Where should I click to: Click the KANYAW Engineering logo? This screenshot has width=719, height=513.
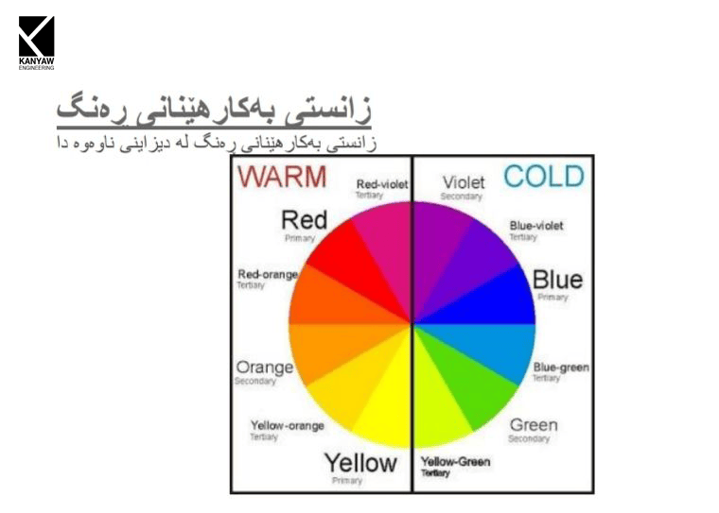pyautogui.click(x=36, y=42)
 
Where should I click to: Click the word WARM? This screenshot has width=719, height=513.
pyautogui.click(x=281, y=177)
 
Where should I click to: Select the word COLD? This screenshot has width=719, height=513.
pyautogui.click(x=543, y=176)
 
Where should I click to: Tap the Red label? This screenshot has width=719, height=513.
pyautogui.click(x=304, y=221)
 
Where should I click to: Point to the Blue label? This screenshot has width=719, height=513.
pyautogui.click(x=557, y=280)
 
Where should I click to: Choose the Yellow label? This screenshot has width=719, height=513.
pyautogui.click(x=360, y=463)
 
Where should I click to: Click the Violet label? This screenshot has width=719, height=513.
pyautogui.click(x=463, y=182)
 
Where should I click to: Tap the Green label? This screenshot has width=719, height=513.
pyautogui.click(x=533, y=425)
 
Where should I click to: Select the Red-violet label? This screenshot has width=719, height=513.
pyautogui.click(x=381, y=184)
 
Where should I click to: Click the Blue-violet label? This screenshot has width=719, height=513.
pyautogui.click(x=535, y=226)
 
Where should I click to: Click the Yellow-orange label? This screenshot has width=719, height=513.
pyautogui.click(x=287, y=425)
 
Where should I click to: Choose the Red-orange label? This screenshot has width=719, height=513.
pyautogui.click(x=268, y=274)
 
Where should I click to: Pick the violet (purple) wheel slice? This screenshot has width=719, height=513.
pyautogui.click(x=439, y=241)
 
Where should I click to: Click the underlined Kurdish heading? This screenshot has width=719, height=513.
pyautogui.click(x=213, y=108)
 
